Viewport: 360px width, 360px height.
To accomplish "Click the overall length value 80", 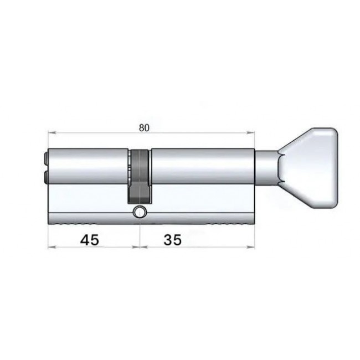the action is [144, 128].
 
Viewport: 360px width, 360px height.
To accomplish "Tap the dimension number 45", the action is [90, 240].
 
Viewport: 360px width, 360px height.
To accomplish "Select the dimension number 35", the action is [172, 240].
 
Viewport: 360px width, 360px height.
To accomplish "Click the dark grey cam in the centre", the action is [140, 176].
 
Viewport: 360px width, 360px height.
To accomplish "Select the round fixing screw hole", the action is [140, 212].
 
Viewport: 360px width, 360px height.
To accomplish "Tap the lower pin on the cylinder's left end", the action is [45, 177].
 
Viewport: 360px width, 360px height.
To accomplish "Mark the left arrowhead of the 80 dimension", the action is [52, 132].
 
